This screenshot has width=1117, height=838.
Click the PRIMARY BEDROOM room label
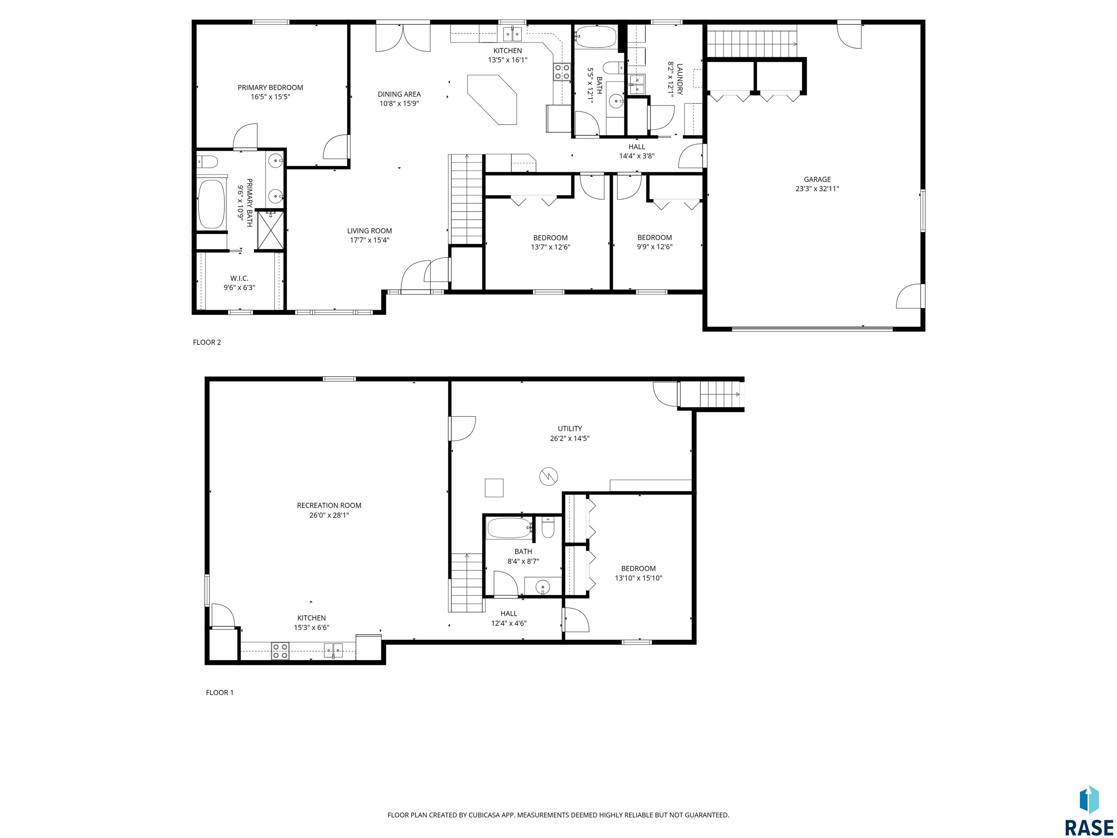coord(270,87)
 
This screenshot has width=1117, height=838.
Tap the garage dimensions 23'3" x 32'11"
coord(817,189)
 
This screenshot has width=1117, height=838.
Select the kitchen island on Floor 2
coord(492,100)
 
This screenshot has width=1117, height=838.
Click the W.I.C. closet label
coord(239,278)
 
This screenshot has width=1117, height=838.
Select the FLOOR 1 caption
coord(220,693)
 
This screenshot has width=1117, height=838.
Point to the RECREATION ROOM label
coord(329,505)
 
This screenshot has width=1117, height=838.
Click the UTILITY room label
coord(570,428)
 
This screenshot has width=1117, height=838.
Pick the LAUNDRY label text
coord(680,79)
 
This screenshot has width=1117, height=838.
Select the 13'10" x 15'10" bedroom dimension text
coord(638,578)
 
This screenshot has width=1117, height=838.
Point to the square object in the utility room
coord(494,487)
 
